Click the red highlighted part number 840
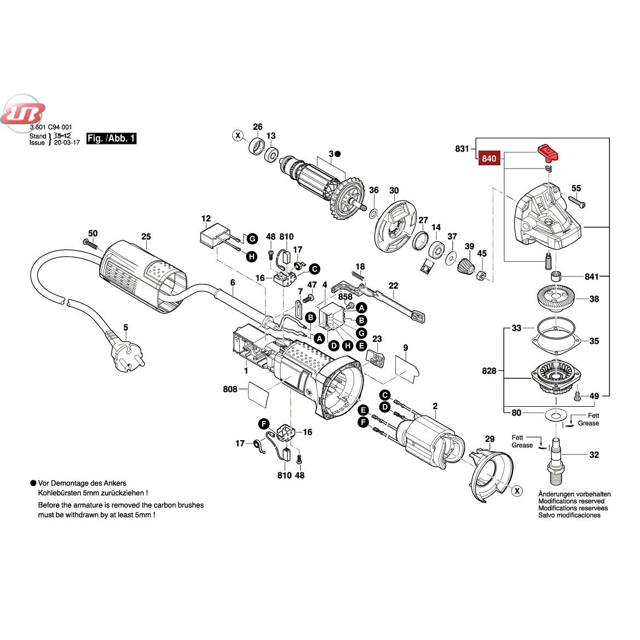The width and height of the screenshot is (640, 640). (489, 159)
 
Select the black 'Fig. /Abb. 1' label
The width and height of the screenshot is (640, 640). (111, 139)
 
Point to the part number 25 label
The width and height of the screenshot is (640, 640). (146, 237)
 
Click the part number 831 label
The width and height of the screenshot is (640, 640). (463, 148)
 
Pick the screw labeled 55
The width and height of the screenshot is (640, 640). (573, 203)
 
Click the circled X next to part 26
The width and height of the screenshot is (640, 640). (238, 135)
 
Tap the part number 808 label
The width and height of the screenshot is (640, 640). (230, 389)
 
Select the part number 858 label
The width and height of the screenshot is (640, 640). (345, 296)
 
